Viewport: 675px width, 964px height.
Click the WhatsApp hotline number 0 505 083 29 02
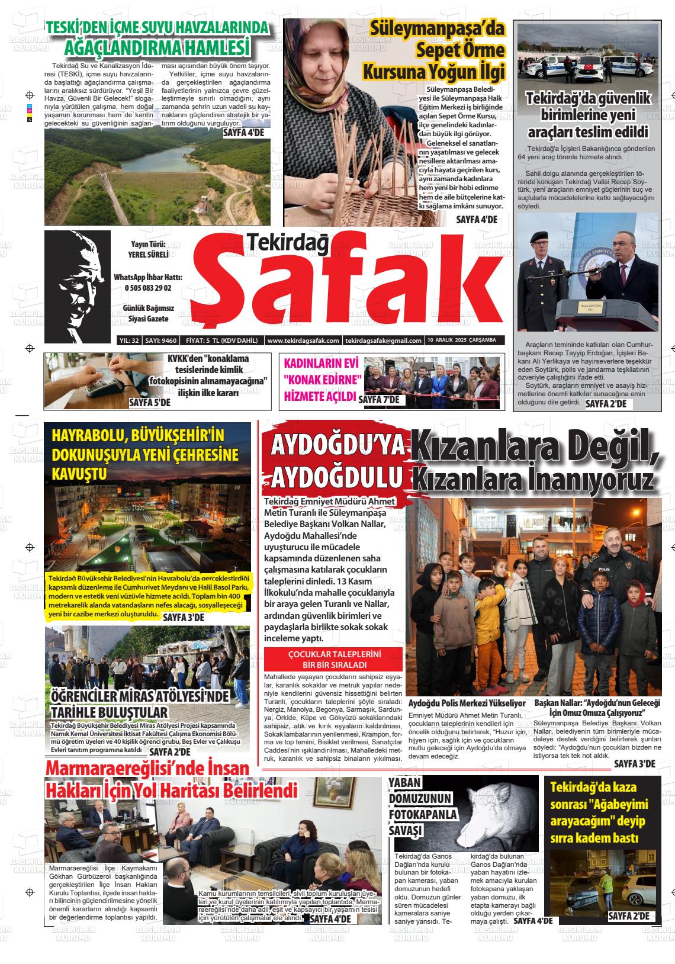pos(148,288)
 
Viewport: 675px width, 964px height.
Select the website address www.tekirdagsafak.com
pos(303,340)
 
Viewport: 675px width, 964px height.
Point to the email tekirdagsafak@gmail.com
pos(383,340)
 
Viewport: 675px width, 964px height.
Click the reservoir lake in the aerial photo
pos(160,159)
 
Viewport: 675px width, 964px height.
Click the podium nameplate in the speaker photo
pos(586,307)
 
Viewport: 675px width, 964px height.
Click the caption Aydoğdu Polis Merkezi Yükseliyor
pos(467,703)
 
